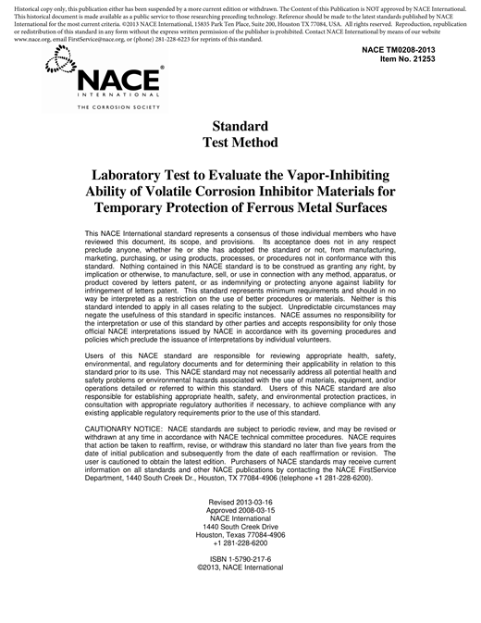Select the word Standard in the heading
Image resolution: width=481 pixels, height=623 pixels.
click(240, 126)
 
